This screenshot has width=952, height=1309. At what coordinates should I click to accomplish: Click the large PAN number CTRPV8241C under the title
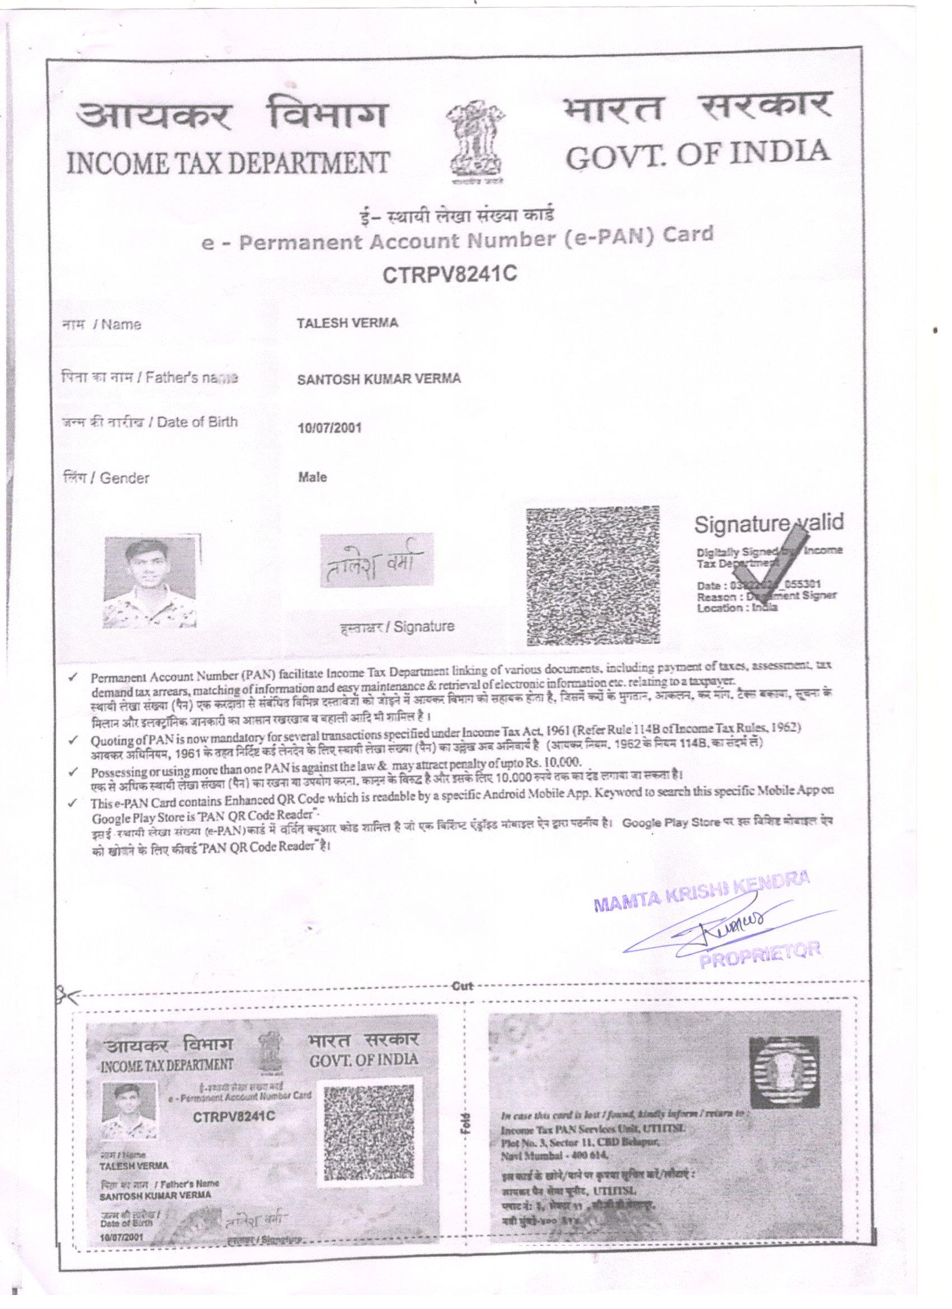449,273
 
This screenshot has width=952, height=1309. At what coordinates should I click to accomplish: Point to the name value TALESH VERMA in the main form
347,323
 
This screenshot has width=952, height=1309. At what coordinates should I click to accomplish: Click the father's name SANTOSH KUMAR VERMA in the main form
379,379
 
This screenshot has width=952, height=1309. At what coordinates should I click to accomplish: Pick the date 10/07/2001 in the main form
329,428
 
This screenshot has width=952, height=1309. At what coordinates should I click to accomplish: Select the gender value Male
312,478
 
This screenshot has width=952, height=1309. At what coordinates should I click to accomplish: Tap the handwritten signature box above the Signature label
376,560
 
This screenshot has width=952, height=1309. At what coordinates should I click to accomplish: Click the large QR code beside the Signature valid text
594,576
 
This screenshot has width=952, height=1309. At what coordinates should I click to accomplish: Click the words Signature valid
768,523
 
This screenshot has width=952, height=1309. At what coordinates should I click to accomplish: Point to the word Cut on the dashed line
463,986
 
